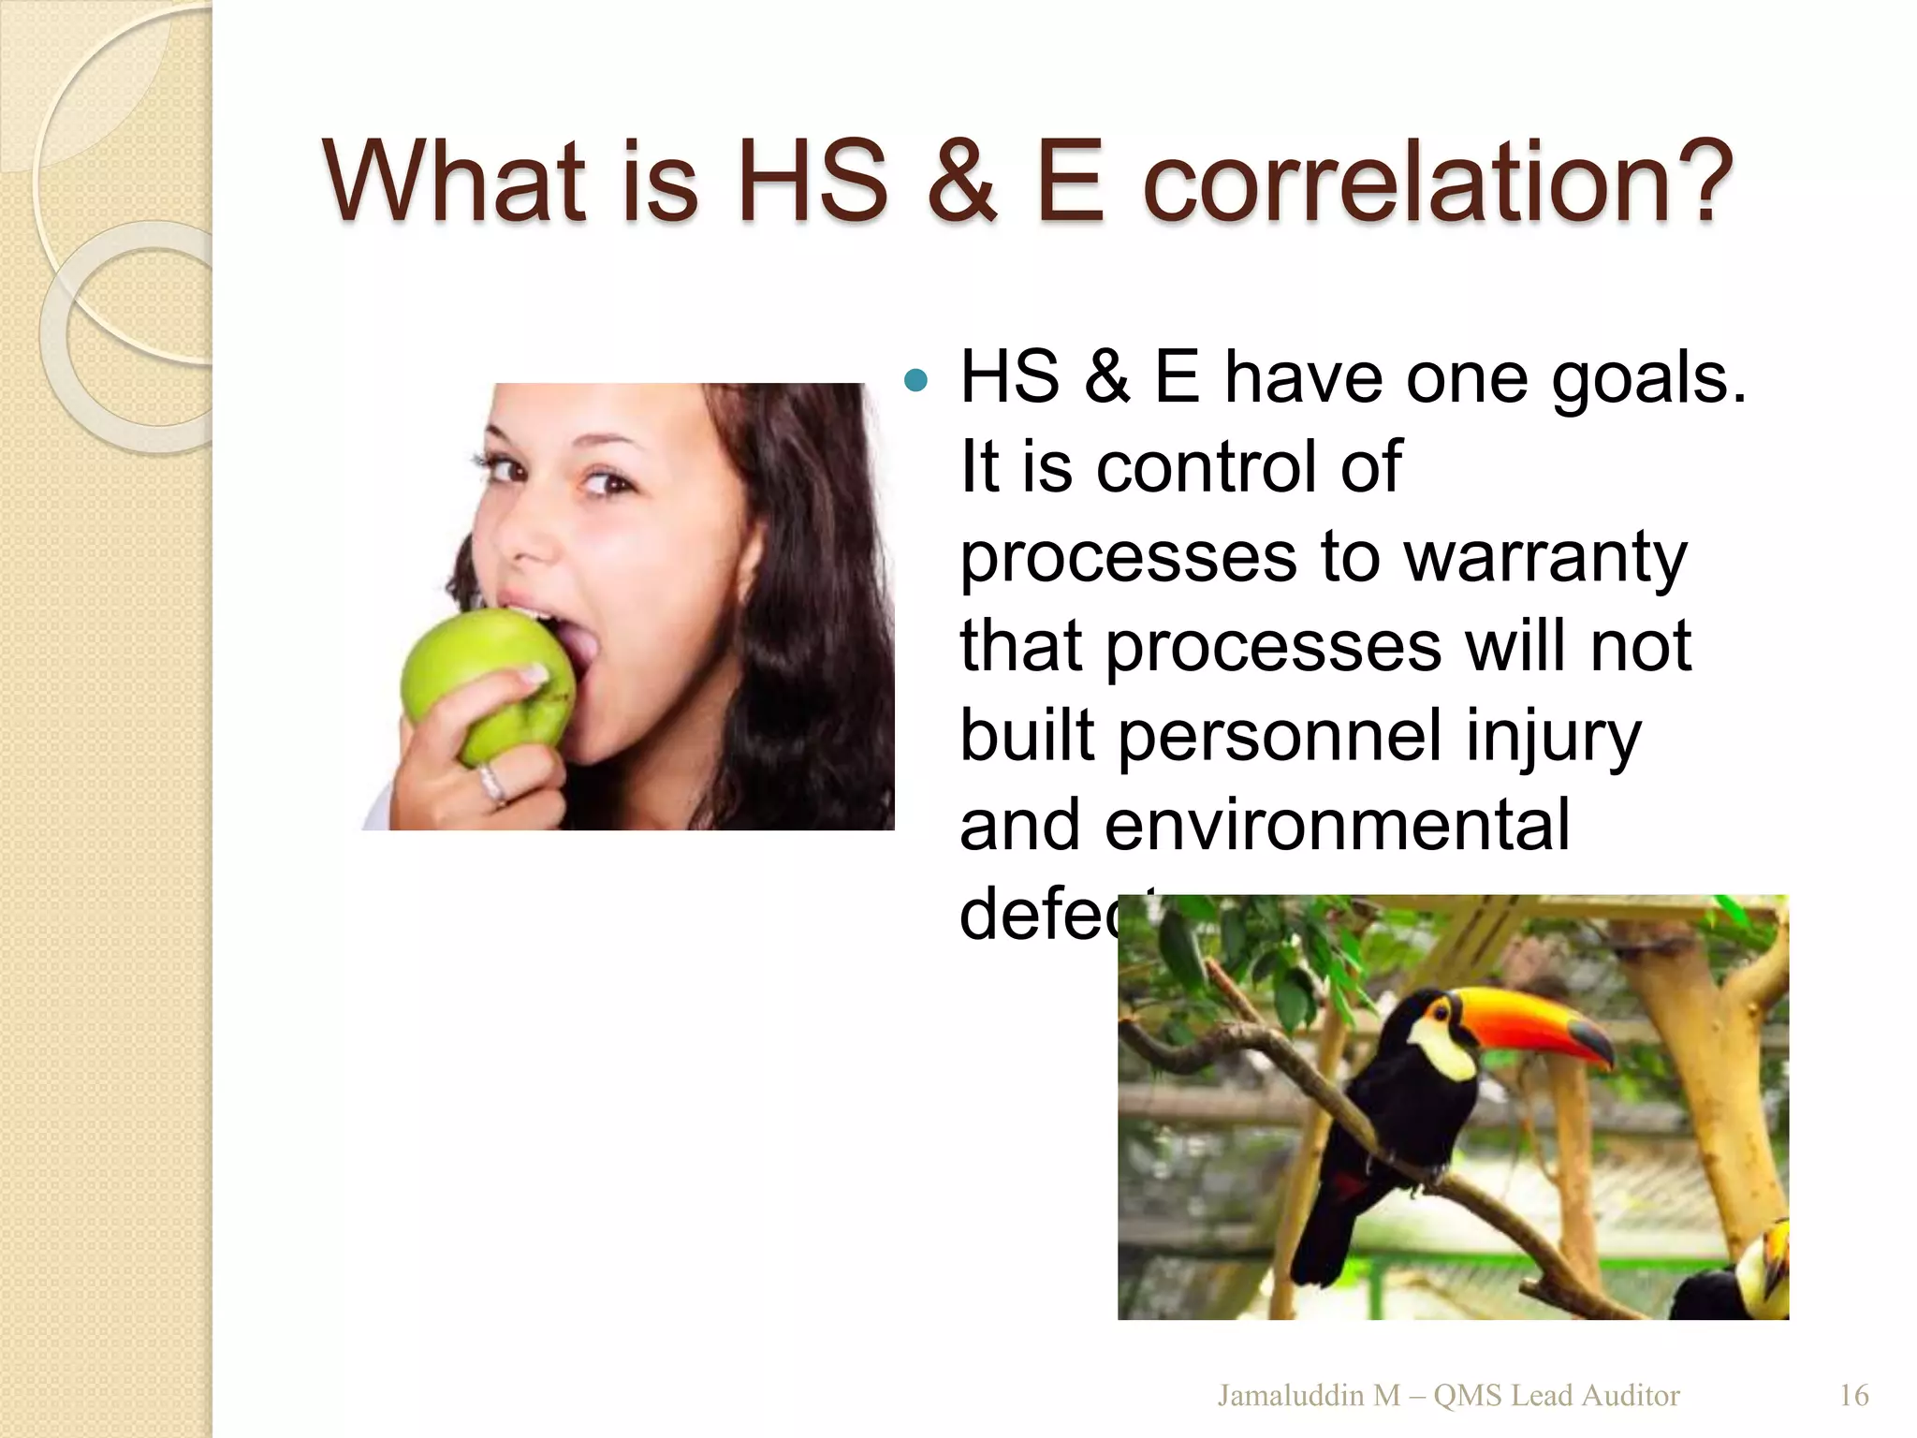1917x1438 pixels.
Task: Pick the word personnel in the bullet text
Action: point(1280,738)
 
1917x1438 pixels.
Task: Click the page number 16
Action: point(1853,1396)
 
